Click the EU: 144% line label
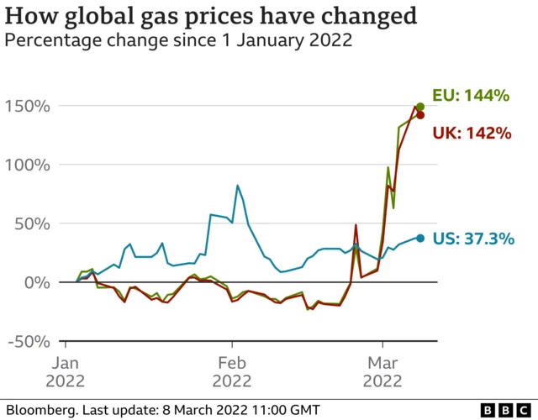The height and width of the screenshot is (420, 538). pos(471,96)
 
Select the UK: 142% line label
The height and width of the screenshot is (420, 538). pos(472,133)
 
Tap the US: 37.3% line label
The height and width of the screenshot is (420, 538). pos(472,239)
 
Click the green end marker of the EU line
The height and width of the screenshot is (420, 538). pos(419,107)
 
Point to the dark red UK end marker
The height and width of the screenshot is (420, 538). pos(420,115)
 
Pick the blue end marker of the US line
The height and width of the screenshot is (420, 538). pos(419,239)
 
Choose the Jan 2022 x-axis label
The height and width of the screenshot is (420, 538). pos(65,371)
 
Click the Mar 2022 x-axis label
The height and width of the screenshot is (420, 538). pos(382,371)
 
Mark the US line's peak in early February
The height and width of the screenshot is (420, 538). pos(238,185)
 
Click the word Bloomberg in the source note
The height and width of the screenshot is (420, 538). pos(37,410)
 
